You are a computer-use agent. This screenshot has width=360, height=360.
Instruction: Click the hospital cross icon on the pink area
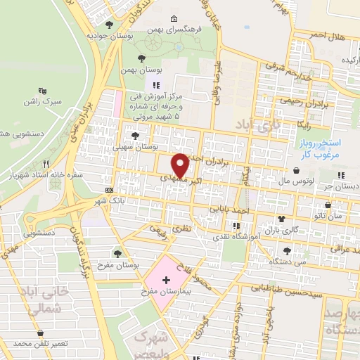click(x=166, y=280)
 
